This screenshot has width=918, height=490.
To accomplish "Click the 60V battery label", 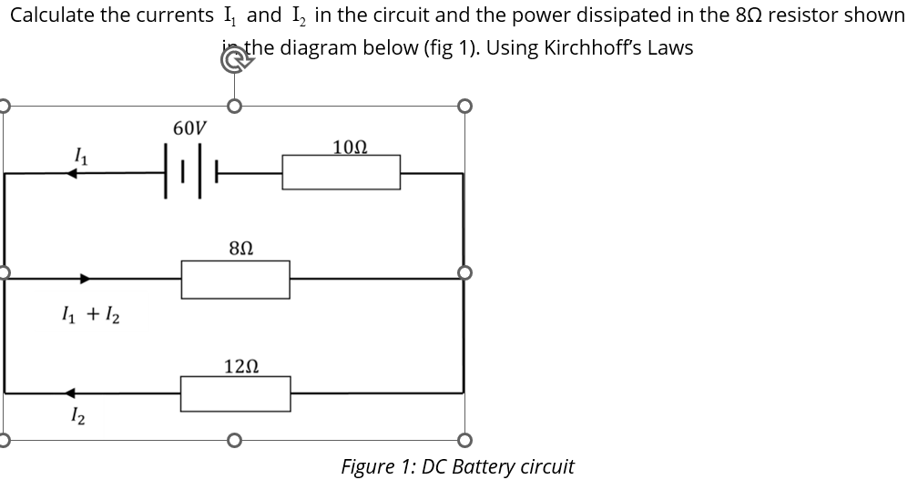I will (189, 128).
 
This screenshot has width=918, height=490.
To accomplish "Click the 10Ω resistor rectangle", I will (341, 172).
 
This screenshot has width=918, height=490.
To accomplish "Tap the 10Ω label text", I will (350, 147).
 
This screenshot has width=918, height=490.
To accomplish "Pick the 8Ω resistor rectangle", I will (235, 279).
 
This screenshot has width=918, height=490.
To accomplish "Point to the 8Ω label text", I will (241, 248).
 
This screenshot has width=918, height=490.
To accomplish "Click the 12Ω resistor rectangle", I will (235, 393).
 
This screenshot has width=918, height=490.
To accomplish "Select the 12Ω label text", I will (241, 366).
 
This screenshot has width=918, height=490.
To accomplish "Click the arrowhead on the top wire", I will (71, 173).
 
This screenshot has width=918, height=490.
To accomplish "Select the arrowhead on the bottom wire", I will (70, 393).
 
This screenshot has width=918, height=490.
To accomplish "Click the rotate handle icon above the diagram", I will (233, 60).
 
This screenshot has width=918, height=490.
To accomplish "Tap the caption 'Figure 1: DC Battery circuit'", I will (457, 467).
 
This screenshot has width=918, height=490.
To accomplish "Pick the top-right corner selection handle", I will (464, 106).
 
